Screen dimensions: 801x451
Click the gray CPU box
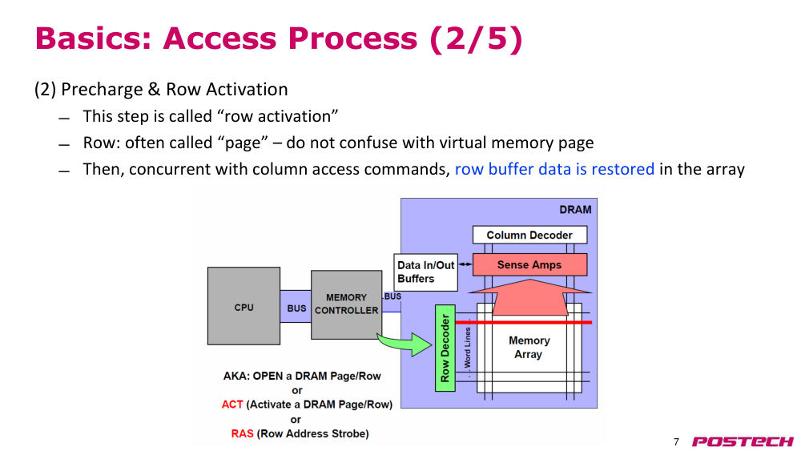[x=244, y=306]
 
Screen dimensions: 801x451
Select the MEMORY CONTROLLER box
[x=346, y=304]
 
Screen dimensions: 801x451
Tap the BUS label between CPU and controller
[x=296, y=308]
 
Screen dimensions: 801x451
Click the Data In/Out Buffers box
[x=425, y=272]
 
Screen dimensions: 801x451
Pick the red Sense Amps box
[x=529, y=264]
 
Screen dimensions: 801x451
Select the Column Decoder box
[x=529, y=235]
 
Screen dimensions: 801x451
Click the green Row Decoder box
[x=445, y=348]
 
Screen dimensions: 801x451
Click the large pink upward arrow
[x=529, y=297]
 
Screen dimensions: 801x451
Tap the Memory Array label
[x=529, y=348]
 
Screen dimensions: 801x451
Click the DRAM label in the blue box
[x=575, y=209]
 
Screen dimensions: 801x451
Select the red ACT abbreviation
[x=232, y=405]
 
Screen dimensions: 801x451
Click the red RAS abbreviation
[x=242, y=433]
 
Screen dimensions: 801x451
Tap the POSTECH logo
[x=743, y=441]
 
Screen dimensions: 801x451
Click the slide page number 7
[x=676, y=442]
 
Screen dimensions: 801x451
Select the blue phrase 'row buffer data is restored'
[x=554, y=169]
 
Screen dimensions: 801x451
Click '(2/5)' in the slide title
[x=476, y=38]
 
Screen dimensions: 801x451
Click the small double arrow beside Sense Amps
[x=465, y=264]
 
